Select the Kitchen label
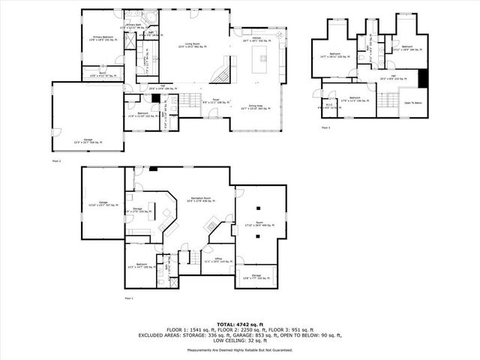point(256,37)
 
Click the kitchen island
point(263,55)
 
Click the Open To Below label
point(413,103)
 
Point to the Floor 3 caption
point(325,128)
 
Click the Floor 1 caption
point(129,298)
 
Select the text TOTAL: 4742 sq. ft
point(239,323)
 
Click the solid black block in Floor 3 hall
point(422,77)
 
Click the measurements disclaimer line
point(239,350)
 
